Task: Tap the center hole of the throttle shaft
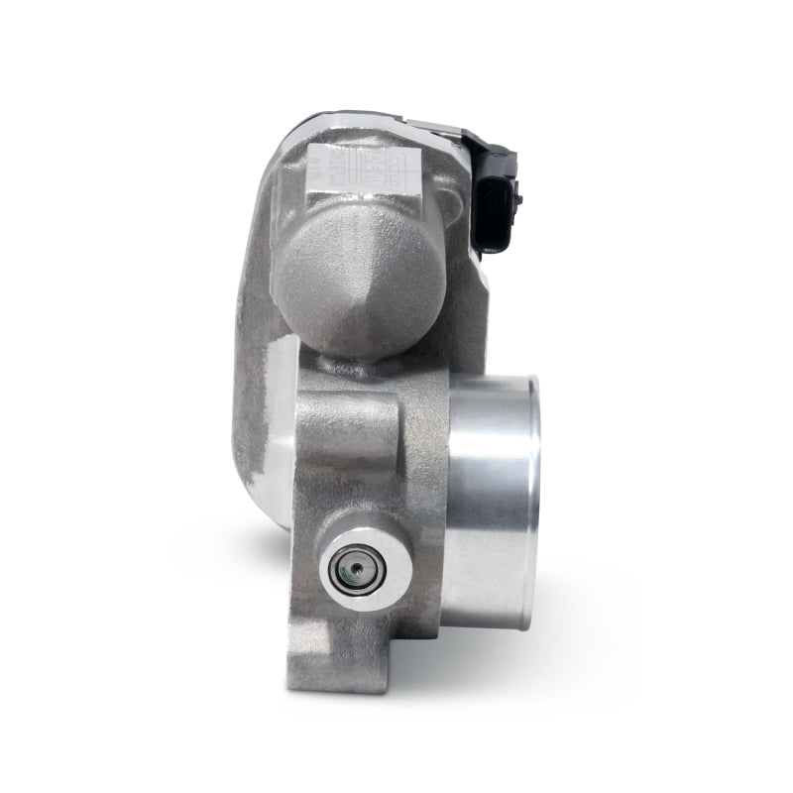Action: click(x=352, y=573)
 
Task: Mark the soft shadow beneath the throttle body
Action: click(x=555, y=654)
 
